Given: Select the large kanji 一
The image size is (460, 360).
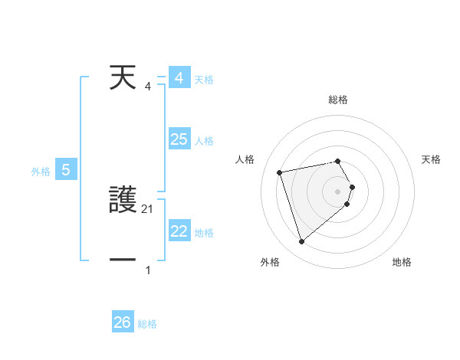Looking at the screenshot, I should tap(123, 260).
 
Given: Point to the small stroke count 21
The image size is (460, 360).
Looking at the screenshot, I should tap(148, 208).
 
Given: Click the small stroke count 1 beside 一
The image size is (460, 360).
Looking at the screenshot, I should tap(148, 270).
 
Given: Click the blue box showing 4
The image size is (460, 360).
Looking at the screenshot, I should tap(179, 78).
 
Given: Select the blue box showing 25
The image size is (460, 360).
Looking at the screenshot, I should tap(179, 139).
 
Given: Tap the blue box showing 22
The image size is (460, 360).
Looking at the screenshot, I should tap(179, 231).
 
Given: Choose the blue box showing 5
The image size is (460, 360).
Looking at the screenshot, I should tap(66, 170).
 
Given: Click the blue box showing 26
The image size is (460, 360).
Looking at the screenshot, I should tap(123, 322).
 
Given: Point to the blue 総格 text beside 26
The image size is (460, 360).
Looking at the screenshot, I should tap(148, 324).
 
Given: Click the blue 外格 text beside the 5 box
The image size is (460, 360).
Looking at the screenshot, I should tap(41, 172).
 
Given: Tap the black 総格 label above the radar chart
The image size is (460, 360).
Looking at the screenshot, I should tap(338, 100).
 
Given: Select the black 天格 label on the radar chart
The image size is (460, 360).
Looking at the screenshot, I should tap(432, 159).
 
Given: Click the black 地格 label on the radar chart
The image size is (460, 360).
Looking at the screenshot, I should tap(402, 262).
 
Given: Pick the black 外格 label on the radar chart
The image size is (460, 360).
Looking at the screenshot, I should tap(270, 262).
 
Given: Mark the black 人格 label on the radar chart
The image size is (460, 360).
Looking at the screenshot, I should tap(245, 159).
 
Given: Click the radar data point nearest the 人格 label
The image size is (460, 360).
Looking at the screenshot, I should tap(280, 172).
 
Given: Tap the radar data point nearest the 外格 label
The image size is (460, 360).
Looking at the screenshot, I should tap(301, 242).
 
